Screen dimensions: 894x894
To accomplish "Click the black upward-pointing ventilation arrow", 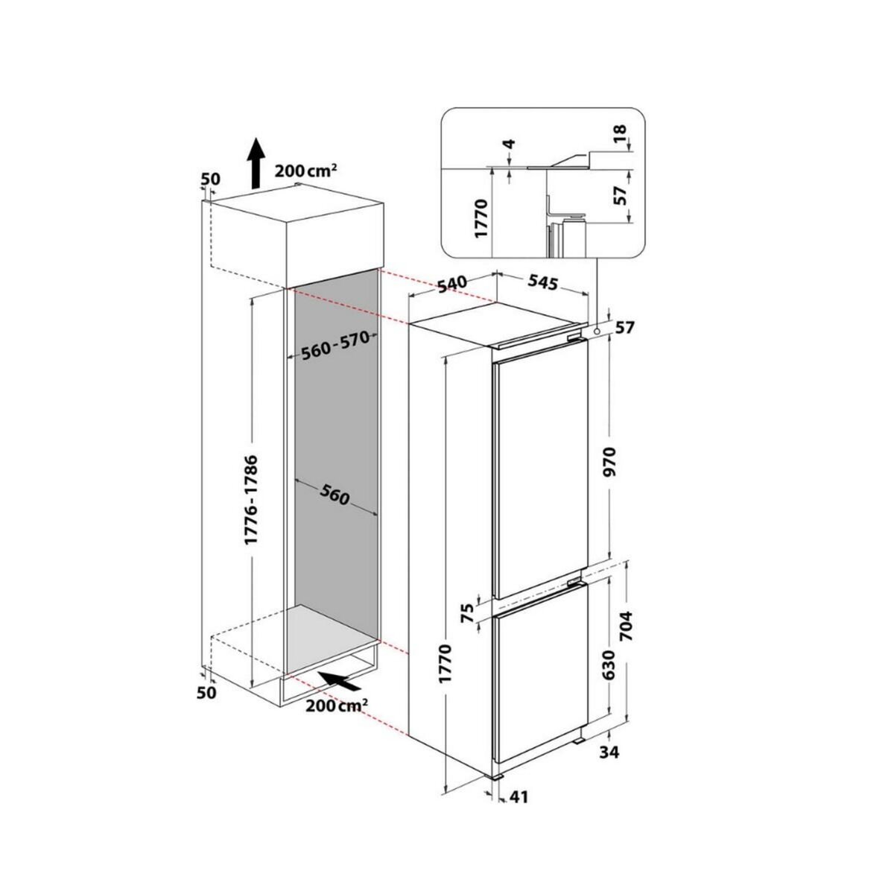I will point(255,162).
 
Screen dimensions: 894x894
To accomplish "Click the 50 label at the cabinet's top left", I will point(212,179).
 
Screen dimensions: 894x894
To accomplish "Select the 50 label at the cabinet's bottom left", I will point(206,693).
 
